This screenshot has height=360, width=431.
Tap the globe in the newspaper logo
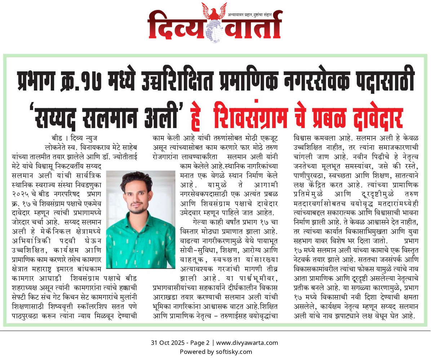pyautogui.click(x=215, y=31)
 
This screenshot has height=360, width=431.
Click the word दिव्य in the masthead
pyautogui.click(x=175, y=25)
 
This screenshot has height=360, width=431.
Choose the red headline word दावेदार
pyautogui.click(x=374, y=115)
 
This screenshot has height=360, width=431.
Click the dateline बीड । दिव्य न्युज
pyautogui.click(x=75, y=138)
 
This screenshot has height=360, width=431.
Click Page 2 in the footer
pyautogui.click(x=199, y=343)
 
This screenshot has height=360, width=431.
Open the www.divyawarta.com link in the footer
pyautogui.click(x=247, y=343)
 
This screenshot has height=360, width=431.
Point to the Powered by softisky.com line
pyautogui.click(x=216, y=352)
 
